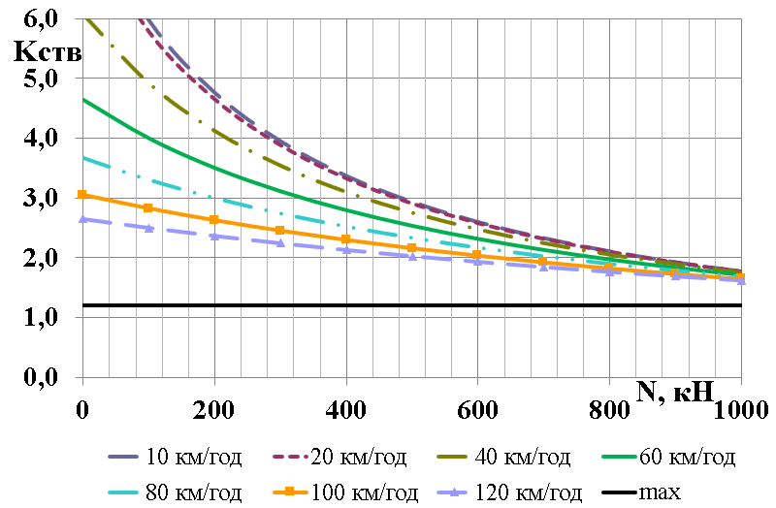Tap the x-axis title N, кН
(x=676, y=392)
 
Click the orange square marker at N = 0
(x=82, y=195)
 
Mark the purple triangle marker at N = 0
(x=82, y=219)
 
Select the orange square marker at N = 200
(x=214, y=219)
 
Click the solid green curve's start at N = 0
(x=82, y=99)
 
